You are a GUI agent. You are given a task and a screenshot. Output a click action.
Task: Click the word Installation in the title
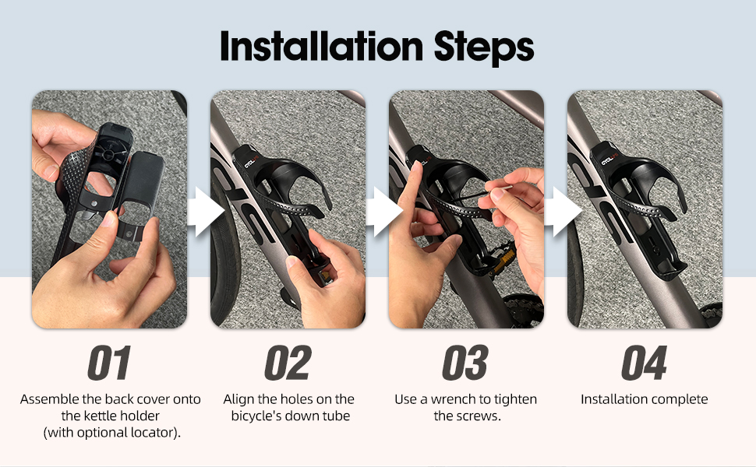(322, 46)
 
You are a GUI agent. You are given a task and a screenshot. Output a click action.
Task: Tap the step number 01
(109, 363)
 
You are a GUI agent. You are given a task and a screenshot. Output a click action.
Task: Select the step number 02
(288, 363)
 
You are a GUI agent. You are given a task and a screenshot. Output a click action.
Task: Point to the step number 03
(465, 363)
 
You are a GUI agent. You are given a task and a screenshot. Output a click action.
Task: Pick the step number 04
(644, 363)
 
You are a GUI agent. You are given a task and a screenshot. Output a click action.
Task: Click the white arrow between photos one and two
(206, 212)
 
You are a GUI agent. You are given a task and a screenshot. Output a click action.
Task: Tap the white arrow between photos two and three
(384, 212)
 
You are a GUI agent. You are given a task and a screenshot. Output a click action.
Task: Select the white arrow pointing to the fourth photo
(563, 212)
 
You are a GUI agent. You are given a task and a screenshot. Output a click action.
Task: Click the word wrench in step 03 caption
(454, 399)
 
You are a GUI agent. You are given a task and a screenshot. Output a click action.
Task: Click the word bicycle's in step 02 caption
(256, 416)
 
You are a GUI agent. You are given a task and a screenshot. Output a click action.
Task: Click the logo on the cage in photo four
(609, 160)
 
